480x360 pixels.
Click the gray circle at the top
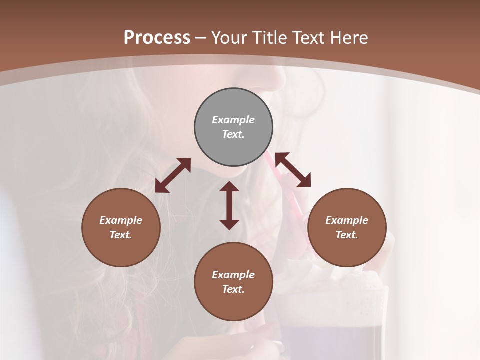pos(233,127)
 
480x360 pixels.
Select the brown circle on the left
pos(121,227)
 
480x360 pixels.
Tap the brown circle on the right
pos(347,227)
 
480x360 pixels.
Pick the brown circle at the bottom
pos(233,282)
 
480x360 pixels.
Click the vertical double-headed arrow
pos(229,205)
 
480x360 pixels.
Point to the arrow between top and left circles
pos(173,175)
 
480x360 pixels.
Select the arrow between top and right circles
pos(293,170)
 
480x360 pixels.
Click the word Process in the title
pos(157,37)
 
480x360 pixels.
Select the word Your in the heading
pos(229,37)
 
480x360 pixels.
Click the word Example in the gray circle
pos(233,120)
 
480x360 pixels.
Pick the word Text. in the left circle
pos(121,235)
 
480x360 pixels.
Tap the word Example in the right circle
pos(347,220)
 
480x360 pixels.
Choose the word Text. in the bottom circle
pos(233,289)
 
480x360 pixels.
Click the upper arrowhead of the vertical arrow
pos(229,187)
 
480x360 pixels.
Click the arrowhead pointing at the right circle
pos(304,181)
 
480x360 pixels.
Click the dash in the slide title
pos(201,38)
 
